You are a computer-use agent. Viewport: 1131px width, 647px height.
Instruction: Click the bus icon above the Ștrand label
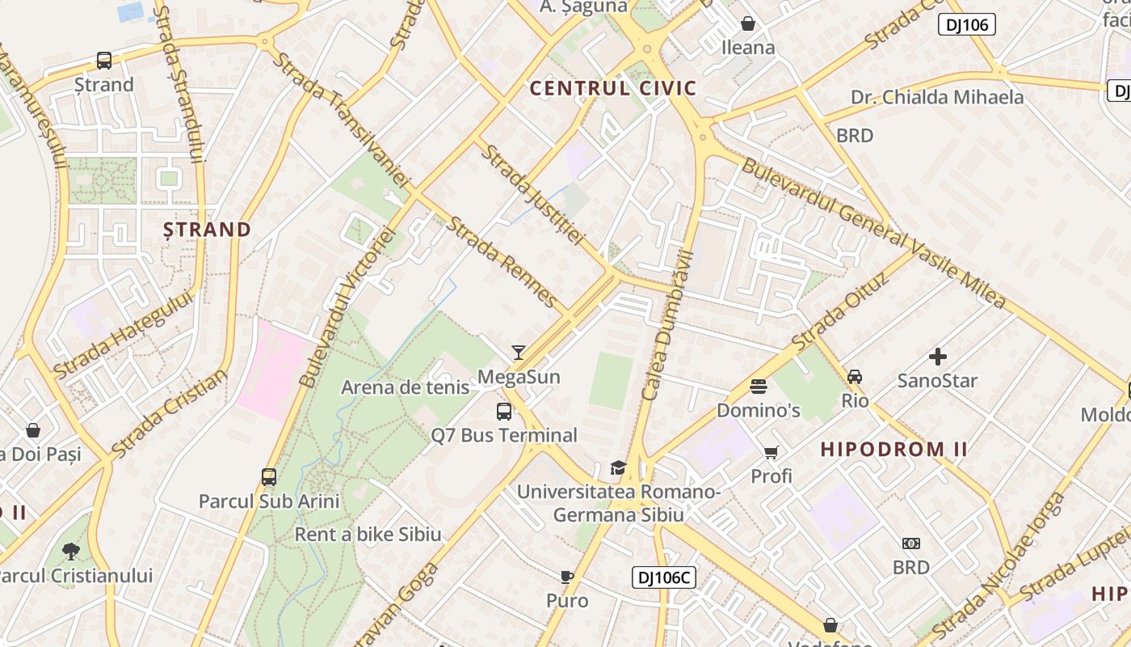pos(104,61)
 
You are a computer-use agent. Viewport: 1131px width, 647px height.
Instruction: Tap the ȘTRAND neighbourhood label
pos(208,230)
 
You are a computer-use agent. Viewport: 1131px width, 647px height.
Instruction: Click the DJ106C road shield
pos(663,577)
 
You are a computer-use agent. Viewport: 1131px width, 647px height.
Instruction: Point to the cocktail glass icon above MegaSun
pos(519,353)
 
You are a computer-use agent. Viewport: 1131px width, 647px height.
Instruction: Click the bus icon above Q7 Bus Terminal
pos(504,412)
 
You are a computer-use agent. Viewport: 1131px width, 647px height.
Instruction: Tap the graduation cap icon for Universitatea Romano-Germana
pos(618,468)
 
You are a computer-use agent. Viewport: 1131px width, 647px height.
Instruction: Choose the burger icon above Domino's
pos(758,387)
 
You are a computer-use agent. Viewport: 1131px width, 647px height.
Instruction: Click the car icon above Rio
pos(855,377)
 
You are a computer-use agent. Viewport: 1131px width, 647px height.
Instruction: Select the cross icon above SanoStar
pos(937,357)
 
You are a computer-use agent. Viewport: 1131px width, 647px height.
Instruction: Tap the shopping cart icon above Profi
pos(772,453)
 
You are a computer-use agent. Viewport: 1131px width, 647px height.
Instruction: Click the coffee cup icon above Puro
pos(567,577)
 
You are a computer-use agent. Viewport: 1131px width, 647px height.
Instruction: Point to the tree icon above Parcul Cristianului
pos(71,552)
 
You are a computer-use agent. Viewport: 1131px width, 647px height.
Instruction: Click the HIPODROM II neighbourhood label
pos(893,450)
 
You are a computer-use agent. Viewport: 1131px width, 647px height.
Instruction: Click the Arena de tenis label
pos(405,387)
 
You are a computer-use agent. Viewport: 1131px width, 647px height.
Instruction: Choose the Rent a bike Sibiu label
pos(368,535)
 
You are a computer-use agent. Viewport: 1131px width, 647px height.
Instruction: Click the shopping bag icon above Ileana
pos(748,23)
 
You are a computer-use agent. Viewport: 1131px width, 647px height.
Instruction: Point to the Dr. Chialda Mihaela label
pos(936,98)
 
